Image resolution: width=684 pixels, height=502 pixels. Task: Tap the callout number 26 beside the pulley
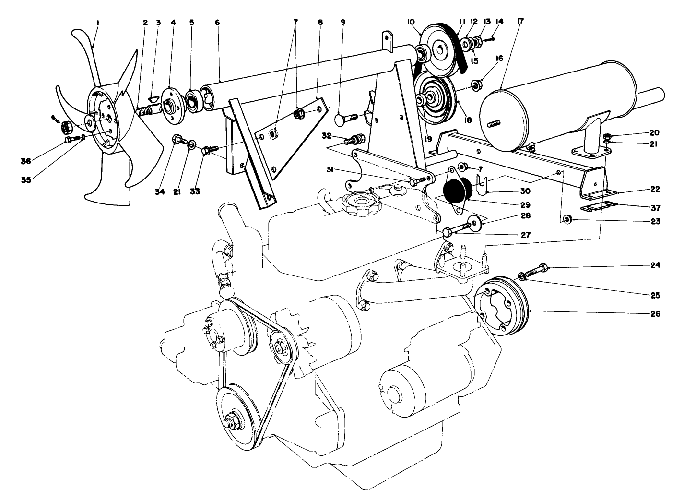(x=655, y=314)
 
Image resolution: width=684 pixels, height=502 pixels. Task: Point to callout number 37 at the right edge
(x=655, y=208)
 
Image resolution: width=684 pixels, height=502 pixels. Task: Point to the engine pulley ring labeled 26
(x=502, y=307)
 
